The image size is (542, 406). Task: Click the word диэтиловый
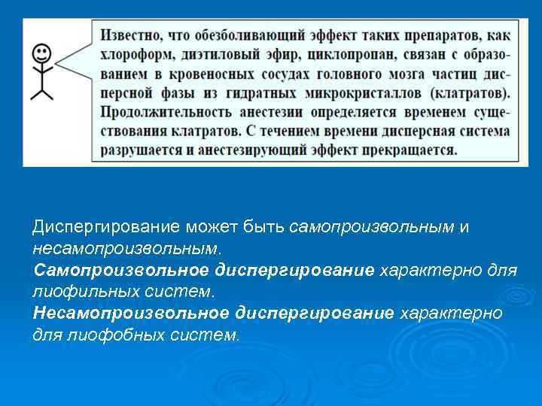224,55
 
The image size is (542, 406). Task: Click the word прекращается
411,149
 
